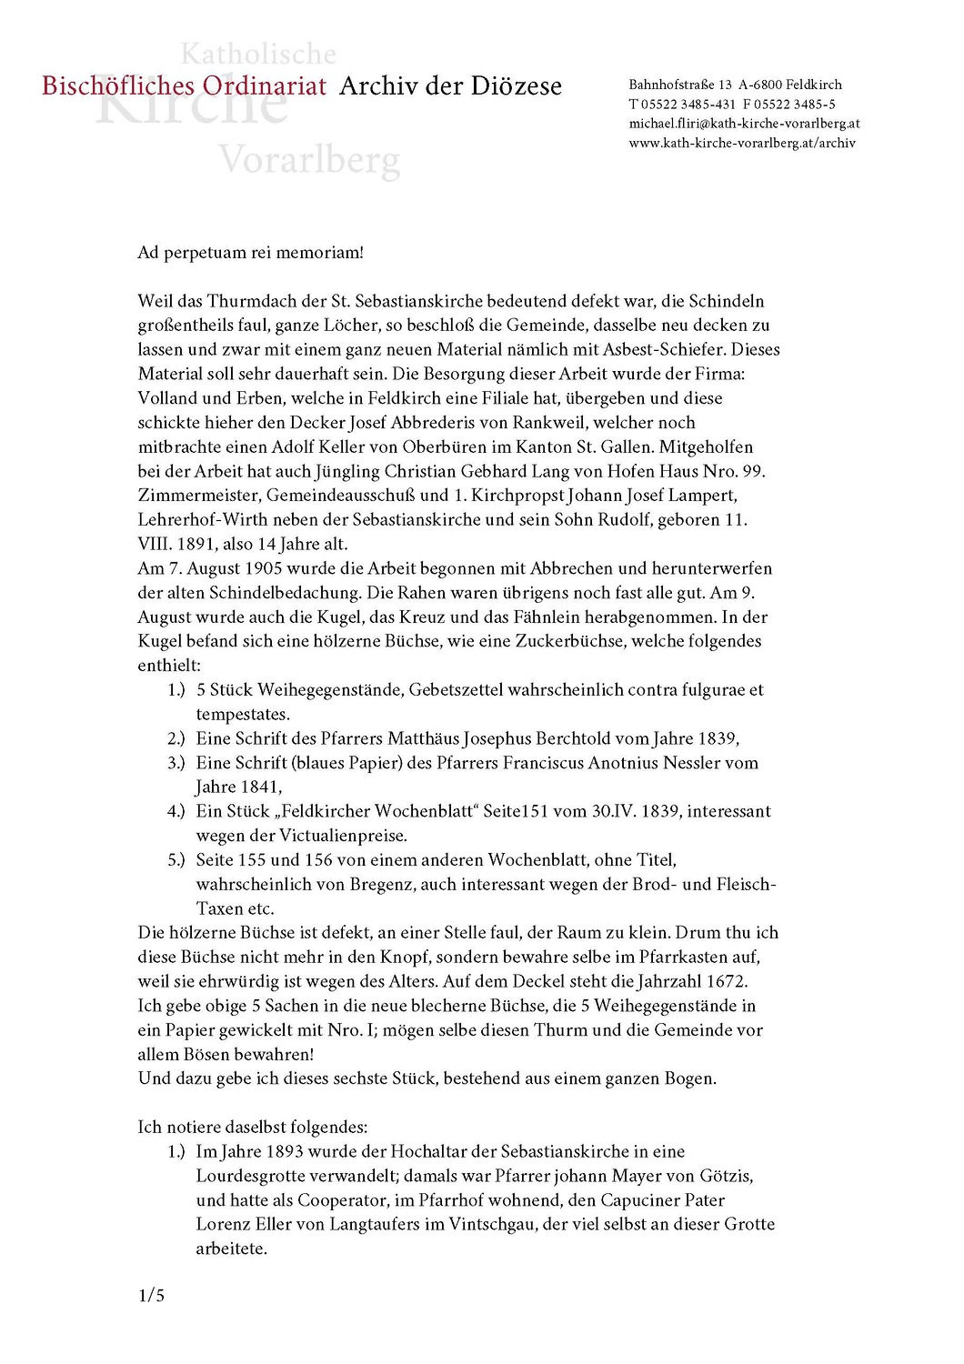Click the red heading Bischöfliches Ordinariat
click(184, 86)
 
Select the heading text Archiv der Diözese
click(450, 86)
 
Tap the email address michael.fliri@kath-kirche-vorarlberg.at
click(744, 124)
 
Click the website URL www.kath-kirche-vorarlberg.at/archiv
click(742, 143)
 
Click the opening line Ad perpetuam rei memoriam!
click(250, 253)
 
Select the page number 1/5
click(151, 1296)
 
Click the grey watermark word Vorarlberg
click(309, 161)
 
